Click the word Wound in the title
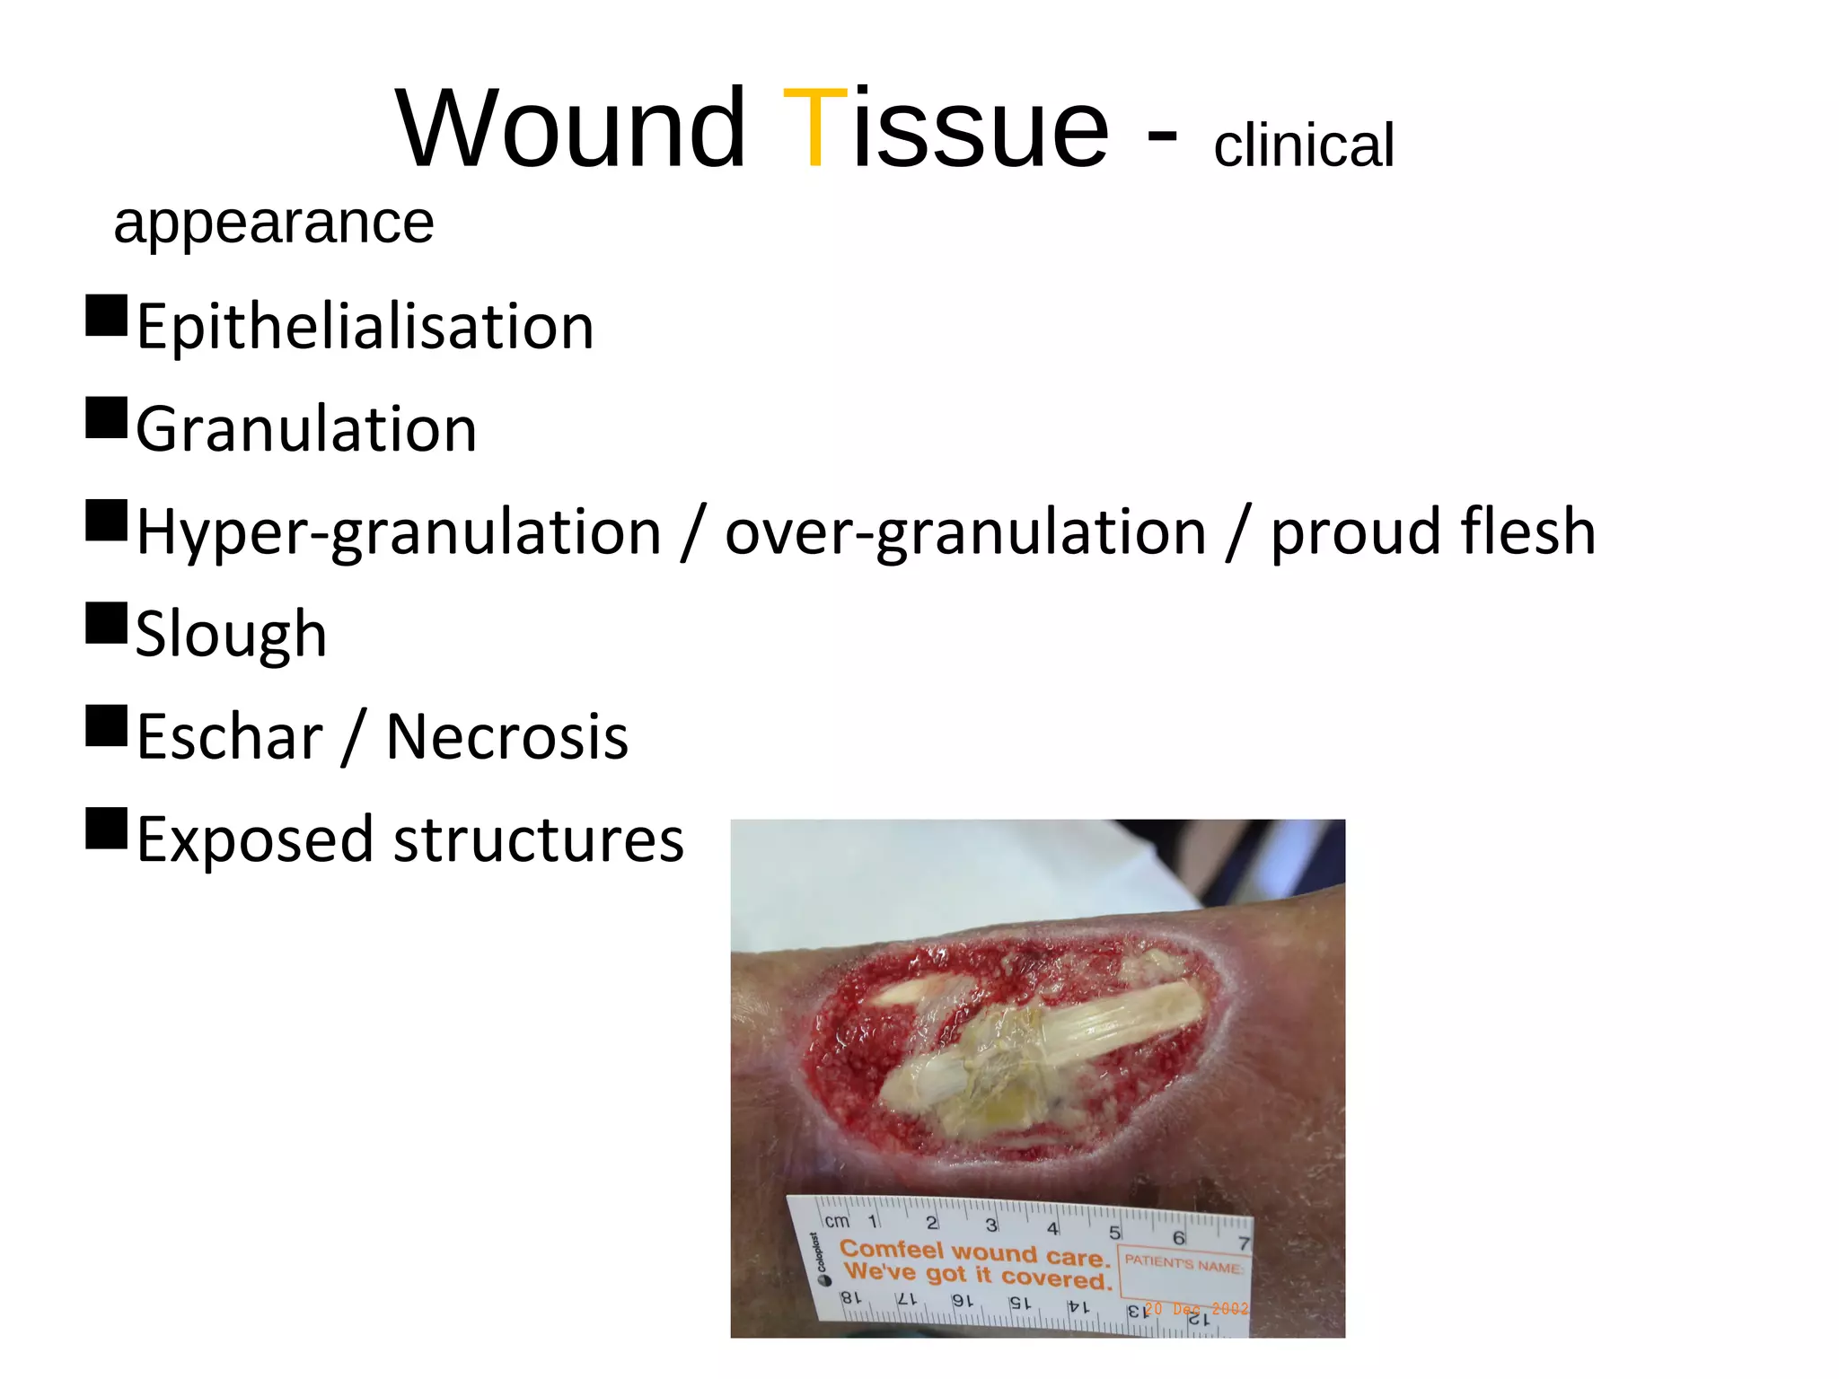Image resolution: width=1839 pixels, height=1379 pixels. click(x=571, y=128)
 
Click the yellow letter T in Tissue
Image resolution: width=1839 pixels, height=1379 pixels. click(x=814, y=128)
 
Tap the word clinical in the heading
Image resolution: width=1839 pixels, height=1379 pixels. click(x=1303, y=145)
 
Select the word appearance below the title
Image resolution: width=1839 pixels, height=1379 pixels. click(x=273, y=222)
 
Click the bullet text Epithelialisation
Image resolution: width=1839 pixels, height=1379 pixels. click(x=365, y=327)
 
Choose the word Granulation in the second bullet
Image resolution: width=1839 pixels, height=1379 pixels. click(x=306, y=429)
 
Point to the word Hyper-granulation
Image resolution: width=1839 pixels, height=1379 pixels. click(x=399, y=532)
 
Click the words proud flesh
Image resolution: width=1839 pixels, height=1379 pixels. click(x=1432, y=532)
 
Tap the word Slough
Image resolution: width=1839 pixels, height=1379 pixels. click(x=231, y=635)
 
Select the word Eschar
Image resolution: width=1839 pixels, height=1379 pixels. click(x=229, y=737)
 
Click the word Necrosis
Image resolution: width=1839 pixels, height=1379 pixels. click(x=506, y=737)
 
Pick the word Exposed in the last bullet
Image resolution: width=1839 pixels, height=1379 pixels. click(x=254, y=839)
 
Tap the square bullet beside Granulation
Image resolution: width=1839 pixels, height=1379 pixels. click(x=106, y=418)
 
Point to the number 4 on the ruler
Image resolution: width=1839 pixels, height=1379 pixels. click(x=1052, y=1228)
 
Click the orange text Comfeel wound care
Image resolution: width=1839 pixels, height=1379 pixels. click(x=974, y=1252)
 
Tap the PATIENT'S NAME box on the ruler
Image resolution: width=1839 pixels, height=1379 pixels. click(x=1183, y=1265)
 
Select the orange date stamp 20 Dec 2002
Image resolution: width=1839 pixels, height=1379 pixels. click(x=1196, y=1309)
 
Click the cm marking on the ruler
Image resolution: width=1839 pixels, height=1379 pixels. click(x=836, y=1221)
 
